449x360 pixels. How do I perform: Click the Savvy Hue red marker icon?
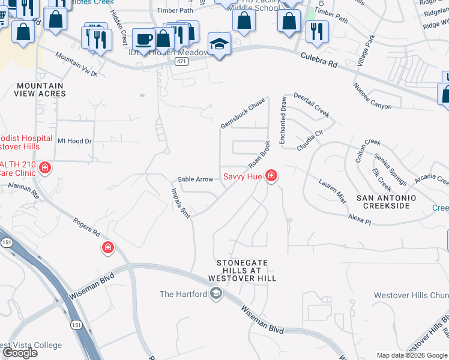(271, 175)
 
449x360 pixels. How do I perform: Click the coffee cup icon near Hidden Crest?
(143, 40)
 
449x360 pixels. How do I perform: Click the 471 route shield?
(180, 61)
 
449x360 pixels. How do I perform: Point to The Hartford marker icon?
(215, 293)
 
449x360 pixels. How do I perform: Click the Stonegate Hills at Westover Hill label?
(242, 271)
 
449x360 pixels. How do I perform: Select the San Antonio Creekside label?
(386, 202)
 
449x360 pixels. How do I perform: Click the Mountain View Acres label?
(40, 90)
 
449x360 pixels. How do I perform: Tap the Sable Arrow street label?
(195, 179)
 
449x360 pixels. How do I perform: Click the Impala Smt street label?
(181, 205)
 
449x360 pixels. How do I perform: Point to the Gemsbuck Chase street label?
(243, 113)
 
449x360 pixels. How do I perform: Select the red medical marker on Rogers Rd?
(108, 247)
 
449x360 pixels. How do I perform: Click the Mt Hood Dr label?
(74, 141)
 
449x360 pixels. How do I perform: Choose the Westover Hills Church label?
(411, 295)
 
